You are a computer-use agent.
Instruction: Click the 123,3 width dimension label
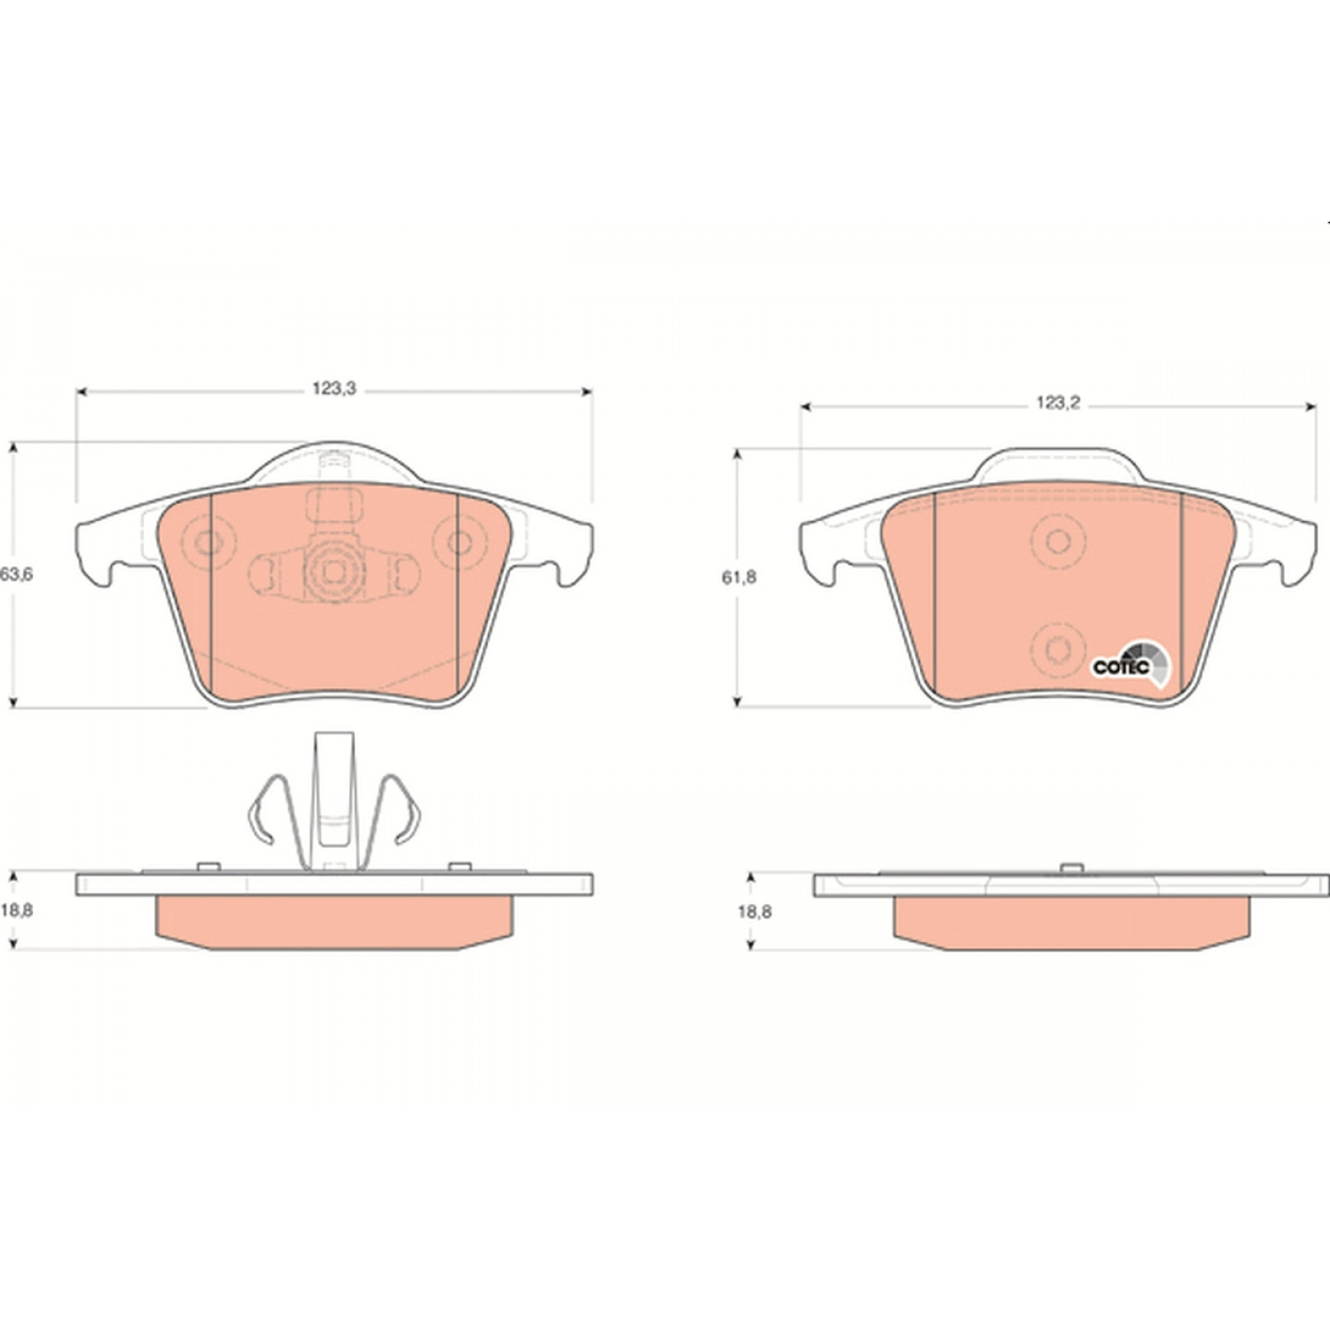pos(334,389)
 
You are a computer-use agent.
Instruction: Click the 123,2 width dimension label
pos(1058,404)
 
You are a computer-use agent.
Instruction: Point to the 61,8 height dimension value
pos(739,577)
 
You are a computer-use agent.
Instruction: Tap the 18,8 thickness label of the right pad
pos(755,912)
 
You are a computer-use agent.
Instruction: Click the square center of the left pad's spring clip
pos(334,572)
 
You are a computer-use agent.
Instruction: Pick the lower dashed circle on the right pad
pos(1058,648)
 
